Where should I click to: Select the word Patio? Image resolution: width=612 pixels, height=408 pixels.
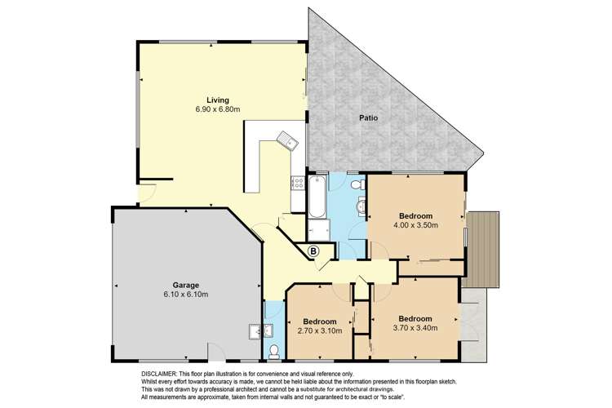click(x=368, y=119)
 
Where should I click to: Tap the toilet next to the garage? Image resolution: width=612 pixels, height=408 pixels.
click(x=274, y=352)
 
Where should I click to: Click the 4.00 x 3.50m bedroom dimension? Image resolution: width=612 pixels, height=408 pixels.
click(x=416, y=224)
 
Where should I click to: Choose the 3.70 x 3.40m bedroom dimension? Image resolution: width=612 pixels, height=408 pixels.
click(x=415, y=328)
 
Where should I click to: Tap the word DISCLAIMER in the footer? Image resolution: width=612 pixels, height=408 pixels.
click(x=159, y=373)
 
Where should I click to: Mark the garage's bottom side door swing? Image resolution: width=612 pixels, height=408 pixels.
click(x=217, y=353)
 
